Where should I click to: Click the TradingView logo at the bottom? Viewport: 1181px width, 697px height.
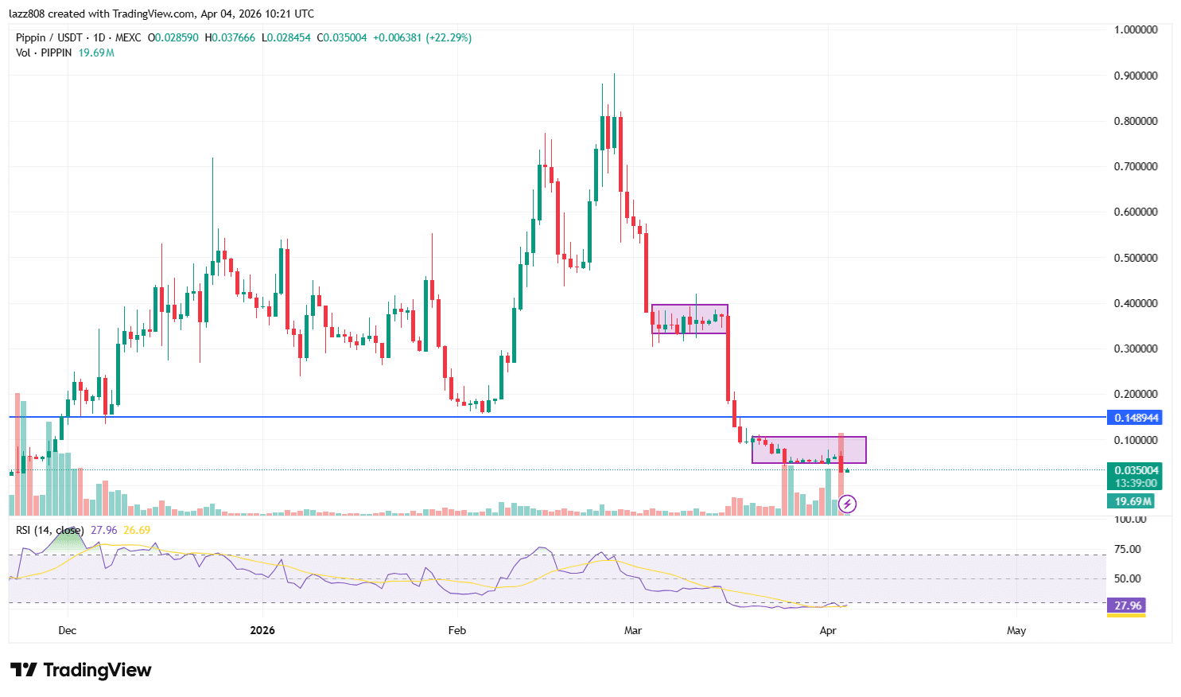pyautogui.click(x=81, y=670)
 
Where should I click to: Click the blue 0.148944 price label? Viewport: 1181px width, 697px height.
pyautogui.click(x=1136, y=418)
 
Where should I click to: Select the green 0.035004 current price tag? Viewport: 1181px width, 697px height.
pyautogui.click(x=1136, y=470)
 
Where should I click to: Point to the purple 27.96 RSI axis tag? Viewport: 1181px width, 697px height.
pyautogui.click(x=1128, y=605)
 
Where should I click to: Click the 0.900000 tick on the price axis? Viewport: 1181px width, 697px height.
pyautogui.click(x=1136, y=76)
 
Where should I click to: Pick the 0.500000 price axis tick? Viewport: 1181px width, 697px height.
pyautogui.click(x=1136, y=258)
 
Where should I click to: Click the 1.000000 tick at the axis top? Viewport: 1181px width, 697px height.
pyautogui.click(x=1136, y=29)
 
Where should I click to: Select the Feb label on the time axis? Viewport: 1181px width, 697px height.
pyautogui.click(x=457, y=630)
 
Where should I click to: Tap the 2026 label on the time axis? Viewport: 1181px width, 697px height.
pyautogui.click(x=262, y=630)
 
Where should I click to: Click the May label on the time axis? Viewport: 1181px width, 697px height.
pyautogui.click(x=1016, y=630)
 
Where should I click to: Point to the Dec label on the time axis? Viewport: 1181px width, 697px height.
pyautogui.click(x=68, y=630)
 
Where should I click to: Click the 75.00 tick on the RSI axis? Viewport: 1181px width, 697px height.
pyautogui.click(x=1128, y=549)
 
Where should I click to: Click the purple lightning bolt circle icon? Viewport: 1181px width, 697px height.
pyautogui.click(x=848, y=503)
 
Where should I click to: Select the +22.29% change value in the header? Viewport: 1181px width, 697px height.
pyautogui.click(x=449, y=37)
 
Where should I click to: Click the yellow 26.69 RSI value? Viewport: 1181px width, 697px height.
pyautogui.click(x=137, y=530)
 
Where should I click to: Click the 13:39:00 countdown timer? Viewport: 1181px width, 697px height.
pyautogui.click(x=1136, y=483)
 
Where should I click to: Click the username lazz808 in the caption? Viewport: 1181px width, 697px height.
pyautogui.click(x=27, y=14)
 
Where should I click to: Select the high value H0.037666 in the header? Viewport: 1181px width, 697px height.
pyautogui.click(x=231, y=37)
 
